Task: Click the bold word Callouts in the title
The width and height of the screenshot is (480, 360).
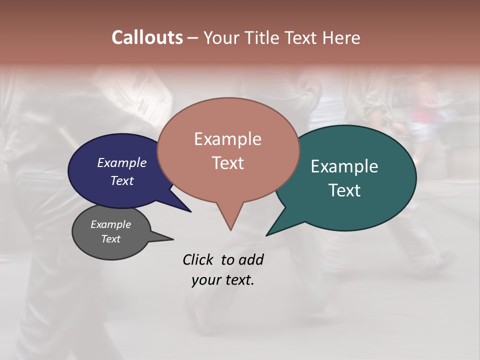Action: [x=147, y=37]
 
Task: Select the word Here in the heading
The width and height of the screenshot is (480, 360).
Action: [x=341, y=37]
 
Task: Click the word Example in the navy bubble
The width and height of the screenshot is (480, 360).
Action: [x=122, y=162]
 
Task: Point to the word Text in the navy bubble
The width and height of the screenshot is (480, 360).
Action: [x=122, y=180]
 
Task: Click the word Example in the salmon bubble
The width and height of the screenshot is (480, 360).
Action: [x=227, y=139]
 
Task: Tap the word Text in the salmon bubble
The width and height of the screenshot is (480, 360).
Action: [x=228, y=163]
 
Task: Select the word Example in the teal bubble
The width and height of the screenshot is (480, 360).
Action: [x=344, y=166]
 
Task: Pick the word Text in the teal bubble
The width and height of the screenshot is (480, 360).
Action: [x=344, y=190]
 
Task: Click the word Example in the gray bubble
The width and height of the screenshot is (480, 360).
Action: [x=110, y=224]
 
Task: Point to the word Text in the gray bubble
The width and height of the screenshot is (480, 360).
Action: [x=110, y=239]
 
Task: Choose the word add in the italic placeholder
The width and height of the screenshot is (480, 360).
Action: [x=250, y=259]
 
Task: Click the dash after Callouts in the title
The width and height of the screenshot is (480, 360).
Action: [x=192, y=38]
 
